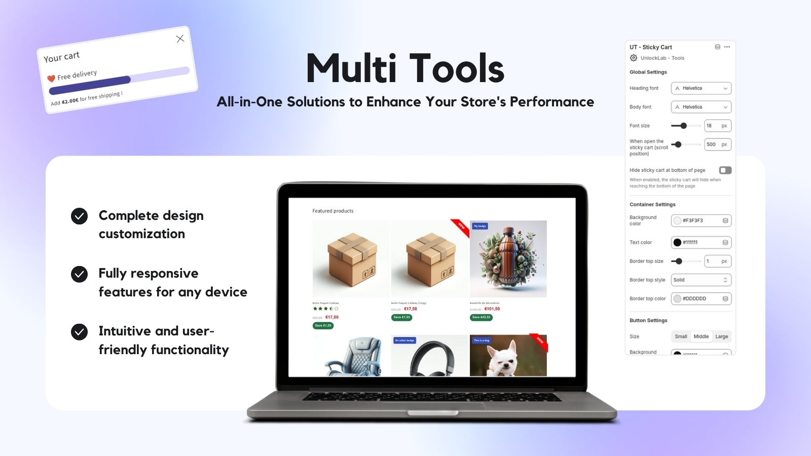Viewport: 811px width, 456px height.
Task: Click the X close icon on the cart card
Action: [180, 39]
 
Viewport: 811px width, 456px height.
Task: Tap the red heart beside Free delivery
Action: [51, 79]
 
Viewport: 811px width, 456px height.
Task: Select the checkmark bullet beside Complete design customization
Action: [79, 216]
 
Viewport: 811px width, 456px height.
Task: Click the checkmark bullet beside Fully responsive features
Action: [79, 274]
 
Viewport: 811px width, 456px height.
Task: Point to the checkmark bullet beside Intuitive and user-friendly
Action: [79, 332]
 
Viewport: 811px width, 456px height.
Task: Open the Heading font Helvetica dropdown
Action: [701, 88]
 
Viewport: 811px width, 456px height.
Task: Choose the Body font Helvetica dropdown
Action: [701, 107]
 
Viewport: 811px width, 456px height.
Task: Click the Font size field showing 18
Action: [717, 126]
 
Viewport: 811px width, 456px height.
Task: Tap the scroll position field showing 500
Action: [717, 144]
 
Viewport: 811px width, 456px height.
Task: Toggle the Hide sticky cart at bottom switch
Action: [725, 170]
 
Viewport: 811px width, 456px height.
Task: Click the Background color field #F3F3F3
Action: [701, 220]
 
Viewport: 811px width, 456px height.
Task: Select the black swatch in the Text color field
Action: [677, 242]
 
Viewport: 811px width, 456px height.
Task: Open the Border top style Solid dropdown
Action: [701, 280]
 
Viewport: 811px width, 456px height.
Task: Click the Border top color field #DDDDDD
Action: [701, 298]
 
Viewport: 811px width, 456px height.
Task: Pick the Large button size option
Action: [721, 336]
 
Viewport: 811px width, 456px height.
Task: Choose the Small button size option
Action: [681, 336]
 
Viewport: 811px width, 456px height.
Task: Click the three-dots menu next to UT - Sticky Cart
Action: [727, 47]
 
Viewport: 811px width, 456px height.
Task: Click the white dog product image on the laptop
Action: [508, 356]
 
